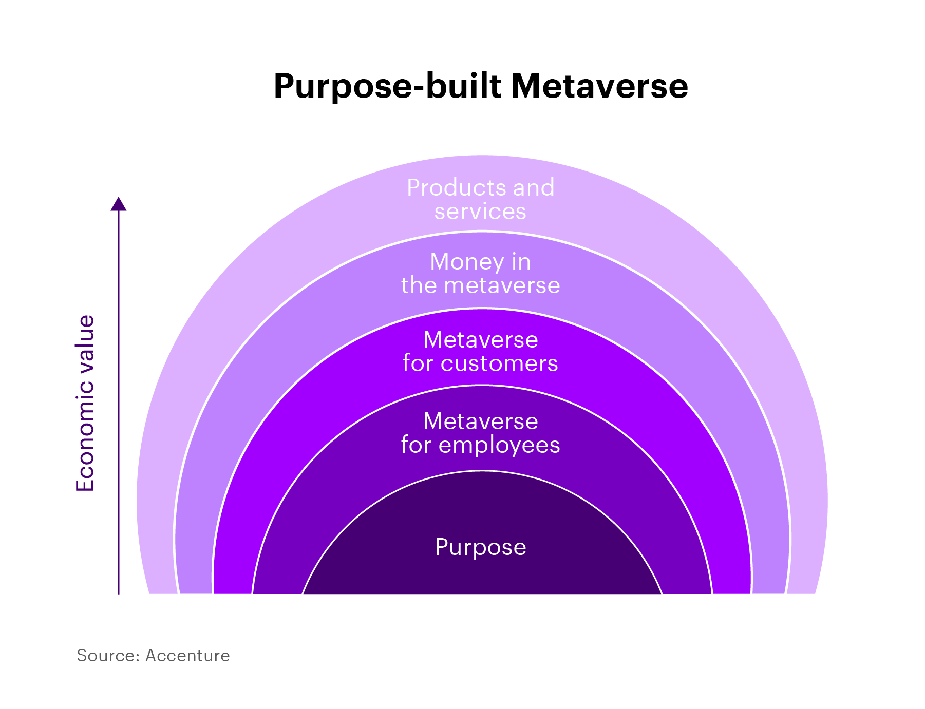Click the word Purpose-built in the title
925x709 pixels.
pos(387,86)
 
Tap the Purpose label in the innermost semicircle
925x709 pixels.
pos(480,547)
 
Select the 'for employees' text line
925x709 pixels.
pos(480,445)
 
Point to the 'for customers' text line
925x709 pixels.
pos(480,363)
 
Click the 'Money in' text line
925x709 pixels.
pos(480,262)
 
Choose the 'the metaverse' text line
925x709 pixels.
pos(480,285)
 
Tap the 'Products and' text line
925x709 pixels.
pos(480,188)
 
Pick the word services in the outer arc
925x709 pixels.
pos(480,212)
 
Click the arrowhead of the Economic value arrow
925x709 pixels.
pos(119,204)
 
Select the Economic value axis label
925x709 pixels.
pos(85,404)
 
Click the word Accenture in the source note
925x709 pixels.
pos(187,656)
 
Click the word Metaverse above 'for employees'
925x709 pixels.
pos(480,421)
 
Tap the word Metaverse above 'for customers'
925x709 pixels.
pos(480,340)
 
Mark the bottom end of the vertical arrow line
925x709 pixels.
pos(119,592)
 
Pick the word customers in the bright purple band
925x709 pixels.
pos(499,363)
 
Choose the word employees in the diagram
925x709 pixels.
pos(499,445)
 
